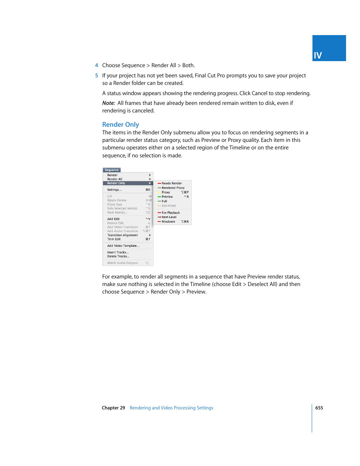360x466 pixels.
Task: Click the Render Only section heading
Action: (120, 125)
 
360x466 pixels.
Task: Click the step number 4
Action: (97, 65)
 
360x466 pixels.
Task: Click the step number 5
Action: (97, 75)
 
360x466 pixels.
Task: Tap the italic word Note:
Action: (108, 103)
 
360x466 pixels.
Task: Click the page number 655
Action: (319, 408)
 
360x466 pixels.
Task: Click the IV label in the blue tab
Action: (318, 55)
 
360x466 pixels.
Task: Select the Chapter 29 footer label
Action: (113, 408)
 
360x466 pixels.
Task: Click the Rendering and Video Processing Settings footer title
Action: (171, 408)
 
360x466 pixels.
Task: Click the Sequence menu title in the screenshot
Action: (112, 170)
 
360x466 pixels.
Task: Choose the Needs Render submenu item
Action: (172, 183)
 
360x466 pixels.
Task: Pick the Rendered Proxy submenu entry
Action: (173, 188)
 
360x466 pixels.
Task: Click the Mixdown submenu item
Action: (168, 222)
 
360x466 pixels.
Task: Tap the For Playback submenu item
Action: (171, 213)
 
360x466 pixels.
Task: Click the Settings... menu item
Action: (114, 190)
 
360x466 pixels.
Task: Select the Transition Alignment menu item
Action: (122, 235)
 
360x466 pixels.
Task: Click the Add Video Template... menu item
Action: (123, 246)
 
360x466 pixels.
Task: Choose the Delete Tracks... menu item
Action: (118, 257)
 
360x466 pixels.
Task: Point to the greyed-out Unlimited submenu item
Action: (169, 206)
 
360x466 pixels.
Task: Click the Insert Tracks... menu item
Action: (118, 252)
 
